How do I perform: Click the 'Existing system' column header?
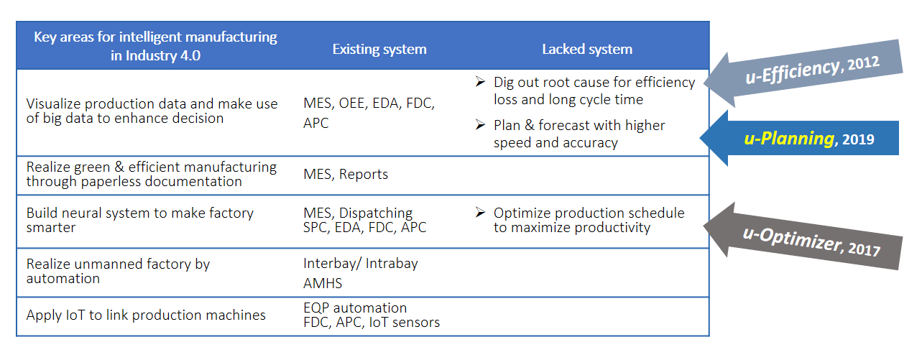coord(379,50)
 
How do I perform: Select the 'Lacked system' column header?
coord(587,50)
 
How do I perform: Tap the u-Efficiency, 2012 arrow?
coord(803,73)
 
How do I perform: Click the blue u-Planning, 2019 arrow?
coord(799,138)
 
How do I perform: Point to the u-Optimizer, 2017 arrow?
coord(803,237)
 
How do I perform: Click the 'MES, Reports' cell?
coord(346,175)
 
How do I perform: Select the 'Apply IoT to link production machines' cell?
coord(146,315)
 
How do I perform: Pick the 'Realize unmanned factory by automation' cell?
coord(118,271)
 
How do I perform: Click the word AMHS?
coord(322,283)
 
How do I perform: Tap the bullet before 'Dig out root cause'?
coord(480,81)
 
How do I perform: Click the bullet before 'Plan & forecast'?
coord(480,124)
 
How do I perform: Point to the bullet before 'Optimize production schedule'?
coord(480,212)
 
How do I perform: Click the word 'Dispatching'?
coord(375,213)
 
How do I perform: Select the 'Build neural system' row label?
coord(140,220)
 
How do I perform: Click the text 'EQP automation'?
coord(355,308)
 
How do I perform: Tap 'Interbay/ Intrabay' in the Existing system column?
coord(361,263)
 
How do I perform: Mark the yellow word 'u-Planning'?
coord(789,138)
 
